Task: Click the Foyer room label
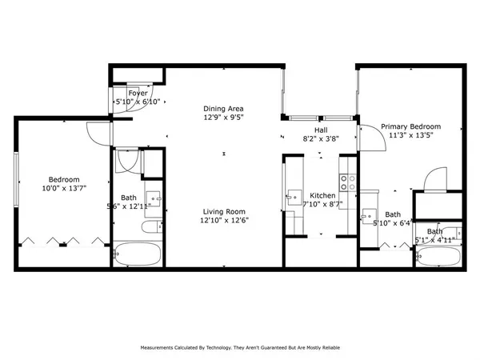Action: [x=126, y=93]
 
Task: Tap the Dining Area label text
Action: [x=223, y=109]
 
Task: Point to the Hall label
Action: [x=320, y=129]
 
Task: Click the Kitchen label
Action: [x=322, y=195]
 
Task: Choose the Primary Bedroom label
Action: [x=410, y=126]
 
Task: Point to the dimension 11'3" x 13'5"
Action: [x=410, y=135]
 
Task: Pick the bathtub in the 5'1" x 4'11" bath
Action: [x=438, y=256]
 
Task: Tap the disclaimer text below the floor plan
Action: [x=240, y=349]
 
